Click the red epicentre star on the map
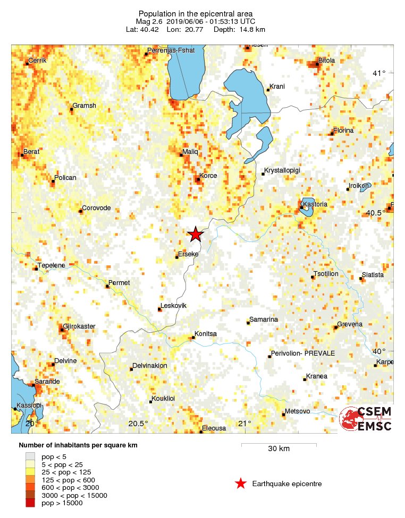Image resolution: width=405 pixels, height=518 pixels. (196, 234)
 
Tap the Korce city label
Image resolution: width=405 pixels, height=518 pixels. (207, 175)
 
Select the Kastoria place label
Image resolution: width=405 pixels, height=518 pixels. (314, 204)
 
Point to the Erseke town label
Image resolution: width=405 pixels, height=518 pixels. (188, 254)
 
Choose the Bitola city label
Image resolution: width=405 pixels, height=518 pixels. (326, 60)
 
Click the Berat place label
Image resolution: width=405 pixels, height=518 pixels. (31, 151)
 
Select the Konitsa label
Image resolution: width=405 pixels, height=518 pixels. (206, 334)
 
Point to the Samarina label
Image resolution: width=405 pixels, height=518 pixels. (264, 319)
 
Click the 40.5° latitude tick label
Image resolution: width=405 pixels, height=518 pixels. (376, 213)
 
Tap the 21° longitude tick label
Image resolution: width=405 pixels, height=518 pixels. (244, 423)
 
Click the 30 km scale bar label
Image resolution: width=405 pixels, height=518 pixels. (279, 448)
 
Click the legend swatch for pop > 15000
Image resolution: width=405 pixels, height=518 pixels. (30, 503)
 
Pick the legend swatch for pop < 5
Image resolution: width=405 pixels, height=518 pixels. (30, 456)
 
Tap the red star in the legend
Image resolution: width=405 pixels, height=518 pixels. (241, 484)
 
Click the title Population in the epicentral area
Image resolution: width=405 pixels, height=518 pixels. (195, 13)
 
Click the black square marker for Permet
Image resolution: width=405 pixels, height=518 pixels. (107, 286)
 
